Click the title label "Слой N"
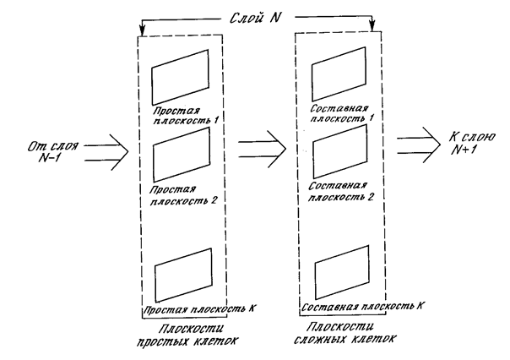[255, 18]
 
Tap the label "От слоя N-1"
[52, 151]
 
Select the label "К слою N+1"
[472, 143]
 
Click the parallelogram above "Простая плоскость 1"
[152, 86]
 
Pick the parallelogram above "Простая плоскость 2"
[154, 163]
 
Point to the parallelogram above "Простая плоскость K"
[155, 283]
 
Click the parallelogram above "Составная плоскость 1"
[312, 83]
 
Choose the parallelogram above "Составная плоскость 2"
[313, 160]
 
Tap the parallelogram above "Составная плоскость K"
[316, 280]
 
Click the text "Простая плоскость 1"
[186, 116]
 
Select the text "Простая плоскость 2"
[183, 195]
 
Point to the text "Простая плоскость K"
[198, 308]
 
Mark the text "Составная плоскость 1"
[341, 113]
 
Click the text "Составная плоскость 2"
[340, 192]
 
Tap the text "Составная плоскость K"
[362, 306]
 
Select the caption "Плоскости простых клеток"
[187, 335]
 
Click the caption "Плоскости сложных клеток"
[345, 333]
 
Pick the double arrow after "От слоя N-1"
[106, 152]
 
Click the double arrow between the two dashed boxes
[262, 149]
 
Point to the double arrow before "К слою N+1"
[419, 145]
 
